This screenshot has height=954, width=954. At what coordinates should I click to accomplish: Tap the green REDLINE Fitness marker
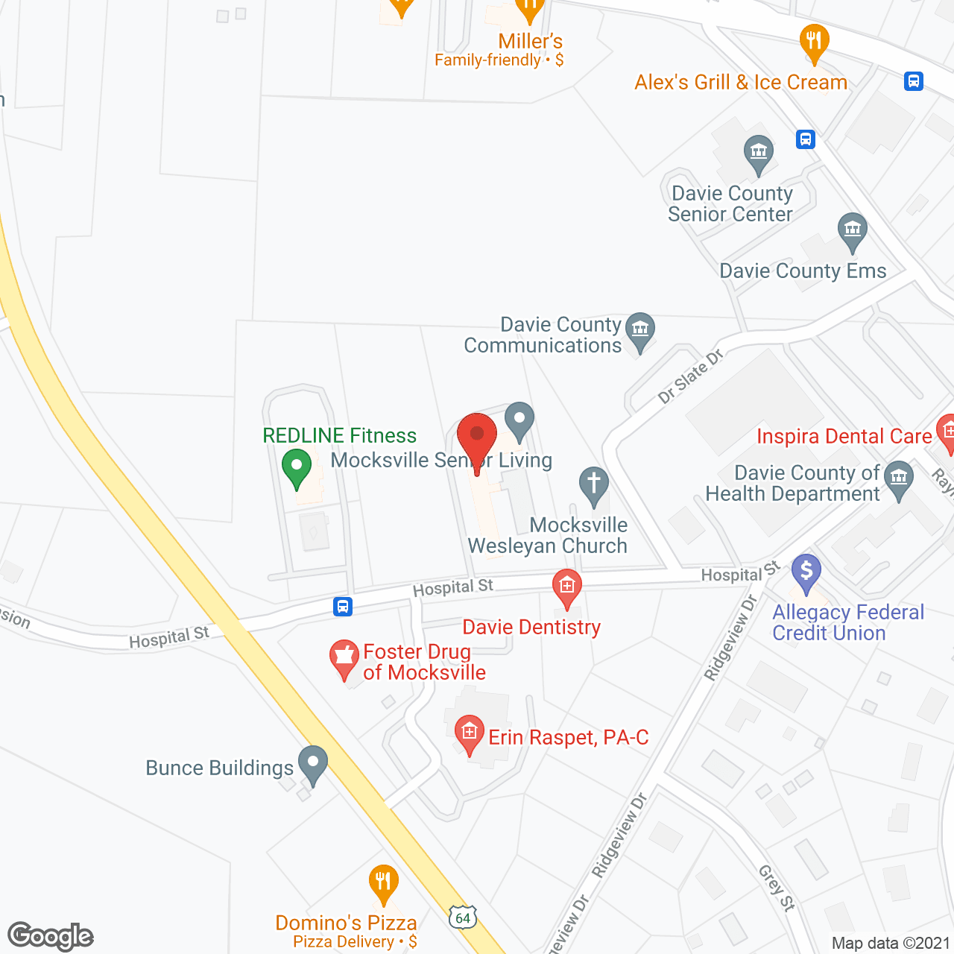pos(297,467)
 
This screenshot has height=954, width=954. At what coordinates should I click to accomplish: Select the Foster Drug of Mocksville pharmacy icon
pos(344,657)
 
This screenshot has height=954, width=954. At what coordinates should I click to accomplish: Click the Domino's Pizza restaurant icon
pos(383,882)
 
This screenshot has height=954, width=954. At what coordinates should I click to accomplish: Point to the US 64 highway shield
pos(463,917)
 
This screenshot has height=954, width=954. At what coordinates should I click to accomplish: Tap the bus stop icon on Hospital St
pos(343,607)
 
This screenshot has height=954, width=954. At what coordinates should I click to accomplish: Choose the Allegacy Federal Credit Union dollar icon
pos(806,572)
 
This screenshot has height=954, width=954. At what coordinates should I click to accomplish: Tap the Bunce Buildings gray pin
pos(313,763)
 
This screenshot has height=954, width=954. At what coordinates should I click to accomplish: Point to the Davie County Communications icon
pos(639,329)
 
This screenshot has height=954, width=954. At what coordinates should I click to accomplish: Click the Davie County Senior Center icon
pos(759,153)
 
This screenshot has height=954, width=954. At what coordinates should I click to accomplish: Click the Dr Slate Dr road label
pos(691,376)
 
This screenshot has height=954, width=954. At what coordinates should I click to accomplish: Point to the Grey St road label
pos(777,887)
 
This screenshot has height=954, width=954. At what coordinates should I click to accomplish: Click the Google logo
pos(51,936)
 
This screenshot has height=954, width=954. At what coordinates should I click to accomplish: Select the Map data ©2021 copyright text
pos(891,944)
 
